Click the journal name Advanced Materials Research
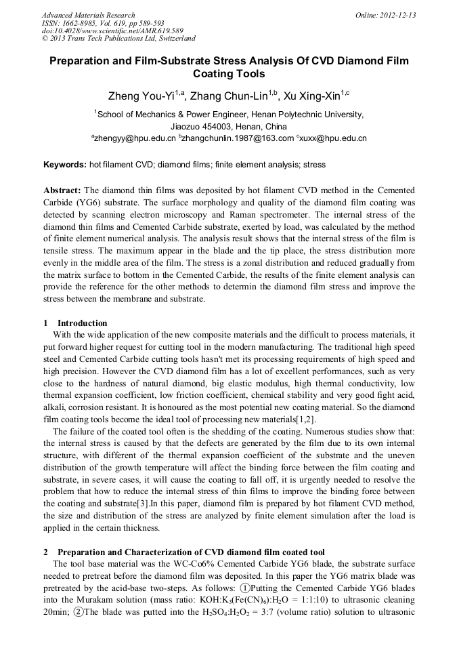[88, 15]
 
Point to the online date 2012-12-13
[395, 15]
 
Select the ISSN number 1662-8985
[81, 23]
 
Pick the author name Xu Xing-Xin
[312, 96]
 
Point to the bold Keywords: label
[65, 165]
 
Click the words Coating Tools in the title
[229, 74]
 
